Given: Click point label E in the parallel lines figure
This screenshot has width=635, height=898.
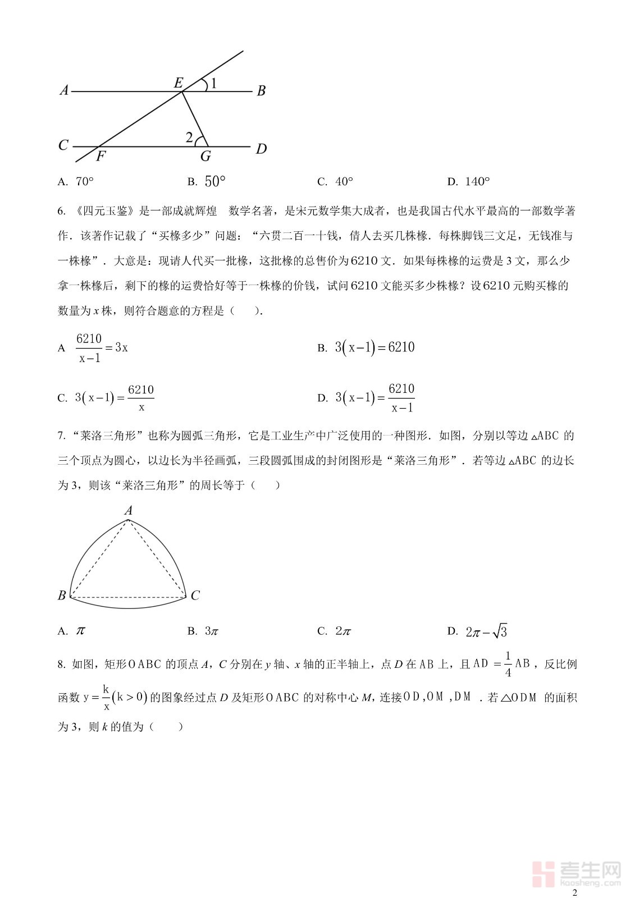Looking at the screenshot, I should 179,83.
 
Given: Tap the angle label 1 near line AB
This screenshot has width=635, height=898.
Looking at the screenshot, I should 213,84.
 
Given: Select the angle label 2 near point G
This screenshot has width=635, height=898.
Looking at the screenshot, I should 189,138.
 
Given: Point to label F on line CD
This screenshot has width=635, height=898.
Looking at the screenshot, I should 100,157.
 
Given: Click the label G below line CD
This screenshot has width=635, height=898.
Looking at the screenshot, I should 205,157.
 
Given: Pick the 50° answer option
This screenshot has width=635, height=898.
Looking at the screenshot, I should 214,181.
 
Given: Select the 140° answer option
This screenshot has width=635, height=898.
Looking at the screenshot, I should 477,181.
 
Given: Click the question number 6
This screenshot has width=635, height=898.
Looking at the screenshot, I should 62,212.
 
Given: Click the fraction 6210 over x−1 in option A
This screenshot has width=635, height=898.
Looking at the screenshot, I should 89,348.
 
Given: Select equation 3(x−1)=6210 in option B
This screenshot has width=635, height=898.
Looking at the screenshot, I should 374,347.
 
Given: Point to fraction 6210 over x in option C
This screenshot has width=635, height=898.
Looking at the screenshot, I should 141,398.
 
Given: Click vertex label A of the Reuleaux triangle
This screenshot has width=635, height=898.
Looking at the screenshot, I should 129,510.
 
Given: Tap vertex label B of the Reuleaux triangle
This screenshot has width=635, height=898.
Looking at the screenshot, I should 62,595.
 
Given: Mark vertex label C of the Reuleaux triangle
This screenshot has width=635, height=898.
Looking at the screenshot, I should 195,595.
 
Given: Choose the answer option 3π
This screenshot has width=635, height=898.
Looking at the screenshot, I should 211,631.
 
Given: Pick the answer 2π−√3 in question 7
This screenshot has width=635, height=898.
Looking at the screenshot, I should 486,631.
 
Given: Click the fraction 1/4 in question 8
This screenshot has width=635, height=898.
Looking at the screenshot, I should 508,664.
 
